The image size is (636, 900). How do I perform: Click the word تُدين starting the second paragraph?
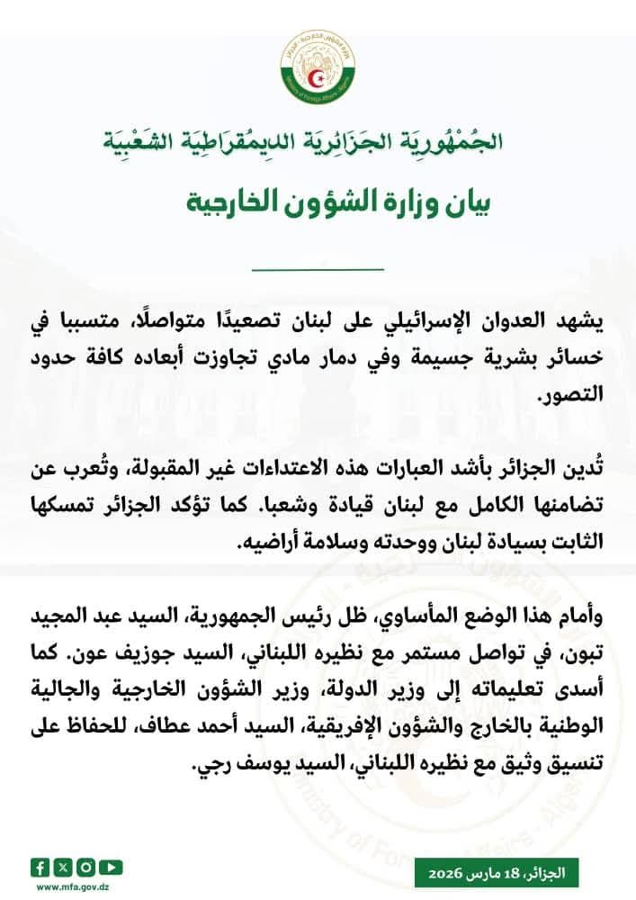(x=577, y=466)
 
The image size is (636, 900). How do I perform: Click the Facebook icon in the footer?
(x=40, y=868)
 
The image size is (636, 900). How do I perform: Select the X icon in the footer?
(x=60, y=868)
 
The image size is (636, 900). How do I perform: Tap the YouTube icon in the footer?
(x=108, y=868)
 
